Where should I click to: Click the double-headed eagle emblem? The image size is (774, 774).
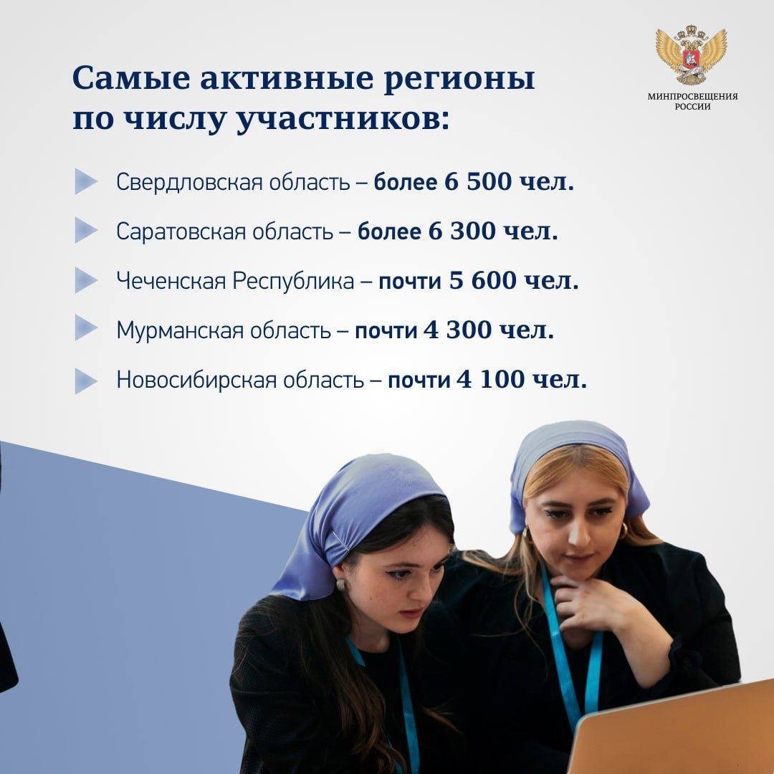pyautogui.click(x=691, y=54)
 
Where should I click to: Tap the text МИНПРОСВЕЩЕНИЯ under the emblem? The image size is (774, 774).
pyautogui.click(x=692, y=97)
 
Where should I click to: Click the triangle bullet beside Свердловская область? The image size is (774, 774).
pyautogui.click(x=86, y=181)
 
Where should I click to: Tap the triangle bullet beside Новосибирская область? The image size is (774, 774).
pyautogui.click(x=86, y=381)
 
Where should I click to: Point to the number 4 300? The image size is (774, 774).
pyautogui.click(x=458, y=330)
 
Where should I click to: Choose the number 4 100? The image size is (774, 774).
pyautogui.click(x=490, y=380)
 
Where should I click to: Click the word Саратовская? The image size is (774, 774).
pyautogui.click(x=181, y=231)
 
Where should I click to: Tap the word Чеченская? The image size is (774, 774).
pyautogui.click(x=171, y=282)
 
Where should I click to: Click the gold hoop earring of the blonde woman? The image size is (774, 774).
pyautogui.click(x=623, y=531)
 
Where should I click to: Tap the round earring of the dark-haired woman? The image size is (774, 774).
pyautogui.click(x=340, y=585)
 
